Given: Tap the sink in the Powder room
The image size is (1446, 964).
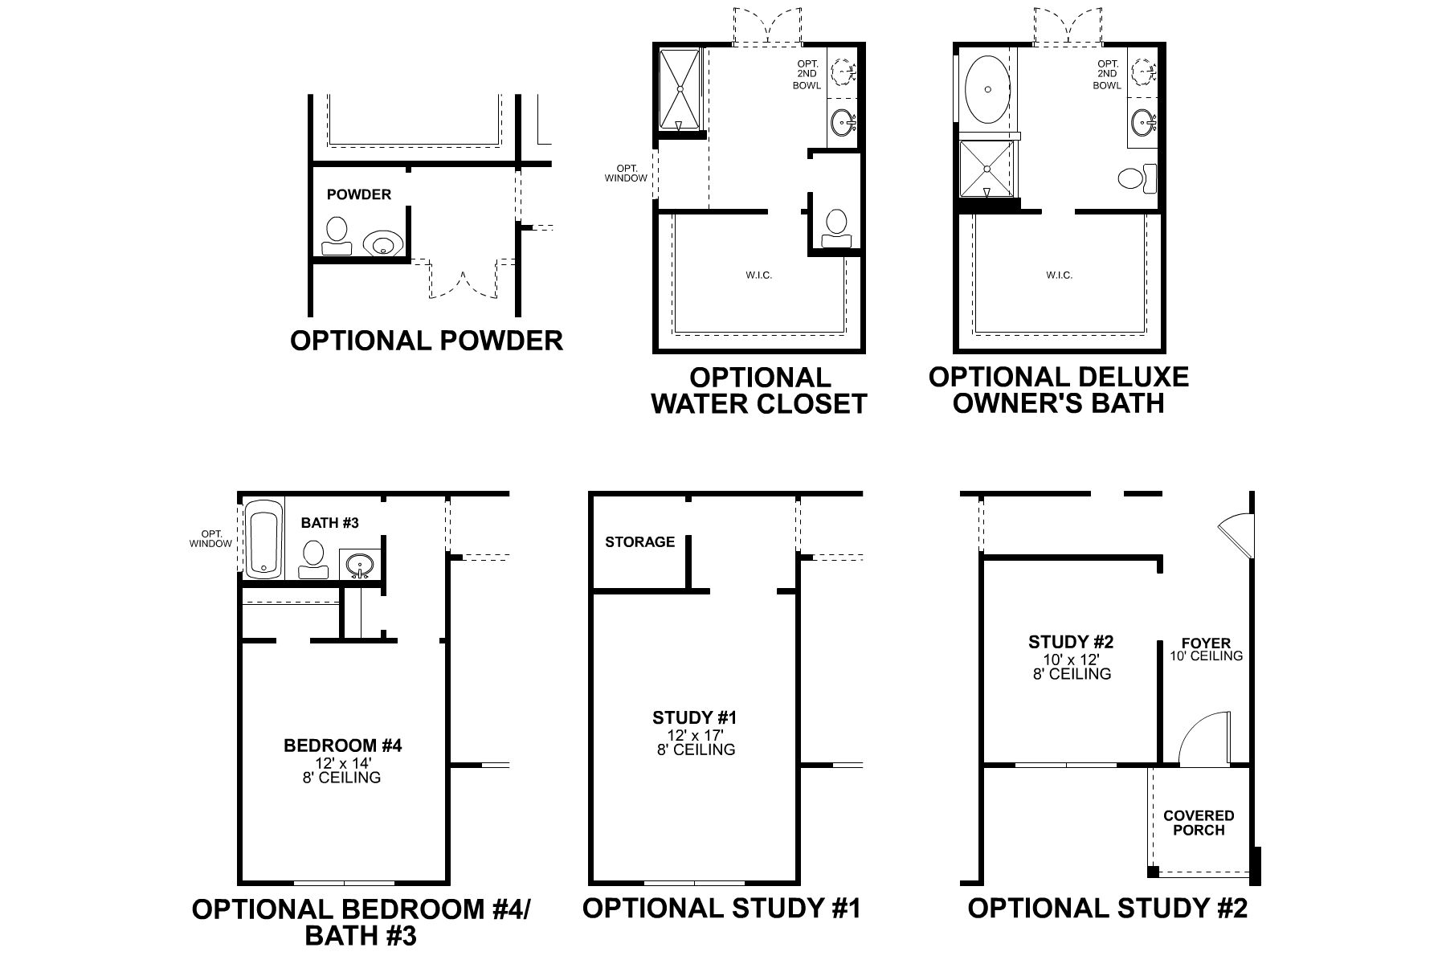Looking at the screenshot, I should tap(382, 243).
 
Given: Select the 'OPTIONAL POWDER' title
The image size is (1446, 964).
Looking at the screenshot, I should tap(426, 341).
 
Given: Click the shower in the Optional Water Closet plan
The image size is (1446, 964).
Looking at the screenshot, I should tap(680, 88).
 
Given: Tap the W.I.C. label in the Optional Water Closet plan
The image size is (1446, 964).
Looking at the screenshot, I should tap(758, 276).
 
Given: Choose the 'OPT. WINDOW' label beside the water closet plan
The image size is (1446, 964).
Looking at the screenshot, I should tap(626, 174).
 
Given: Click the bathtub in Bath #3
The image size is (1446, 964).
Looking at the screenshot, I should tap(262, 538).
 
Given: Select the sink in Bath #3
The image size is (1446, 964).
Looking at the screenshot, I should tap(360, 564).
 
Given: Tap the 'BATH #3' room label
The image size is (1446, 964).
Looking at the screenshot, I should tap(329, 523).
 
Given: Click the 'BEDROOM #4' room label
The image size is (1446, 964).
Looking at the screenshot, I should tap(342, 745).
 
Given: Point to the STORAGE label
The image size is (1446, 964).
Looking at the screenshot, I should tap(639, 542).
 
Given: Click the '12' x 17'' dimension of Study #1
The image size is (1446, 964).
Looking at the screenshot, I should tap(694, 734).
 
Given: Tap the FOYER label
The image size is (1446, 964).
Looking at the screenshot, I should tap(1206, 643).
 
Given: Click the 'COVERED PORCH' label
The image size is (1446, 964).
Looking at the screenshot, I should tap(1199, 823).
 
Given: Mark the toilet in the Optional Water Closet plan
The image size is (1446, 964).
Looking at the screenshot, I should tap(835, 226).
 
